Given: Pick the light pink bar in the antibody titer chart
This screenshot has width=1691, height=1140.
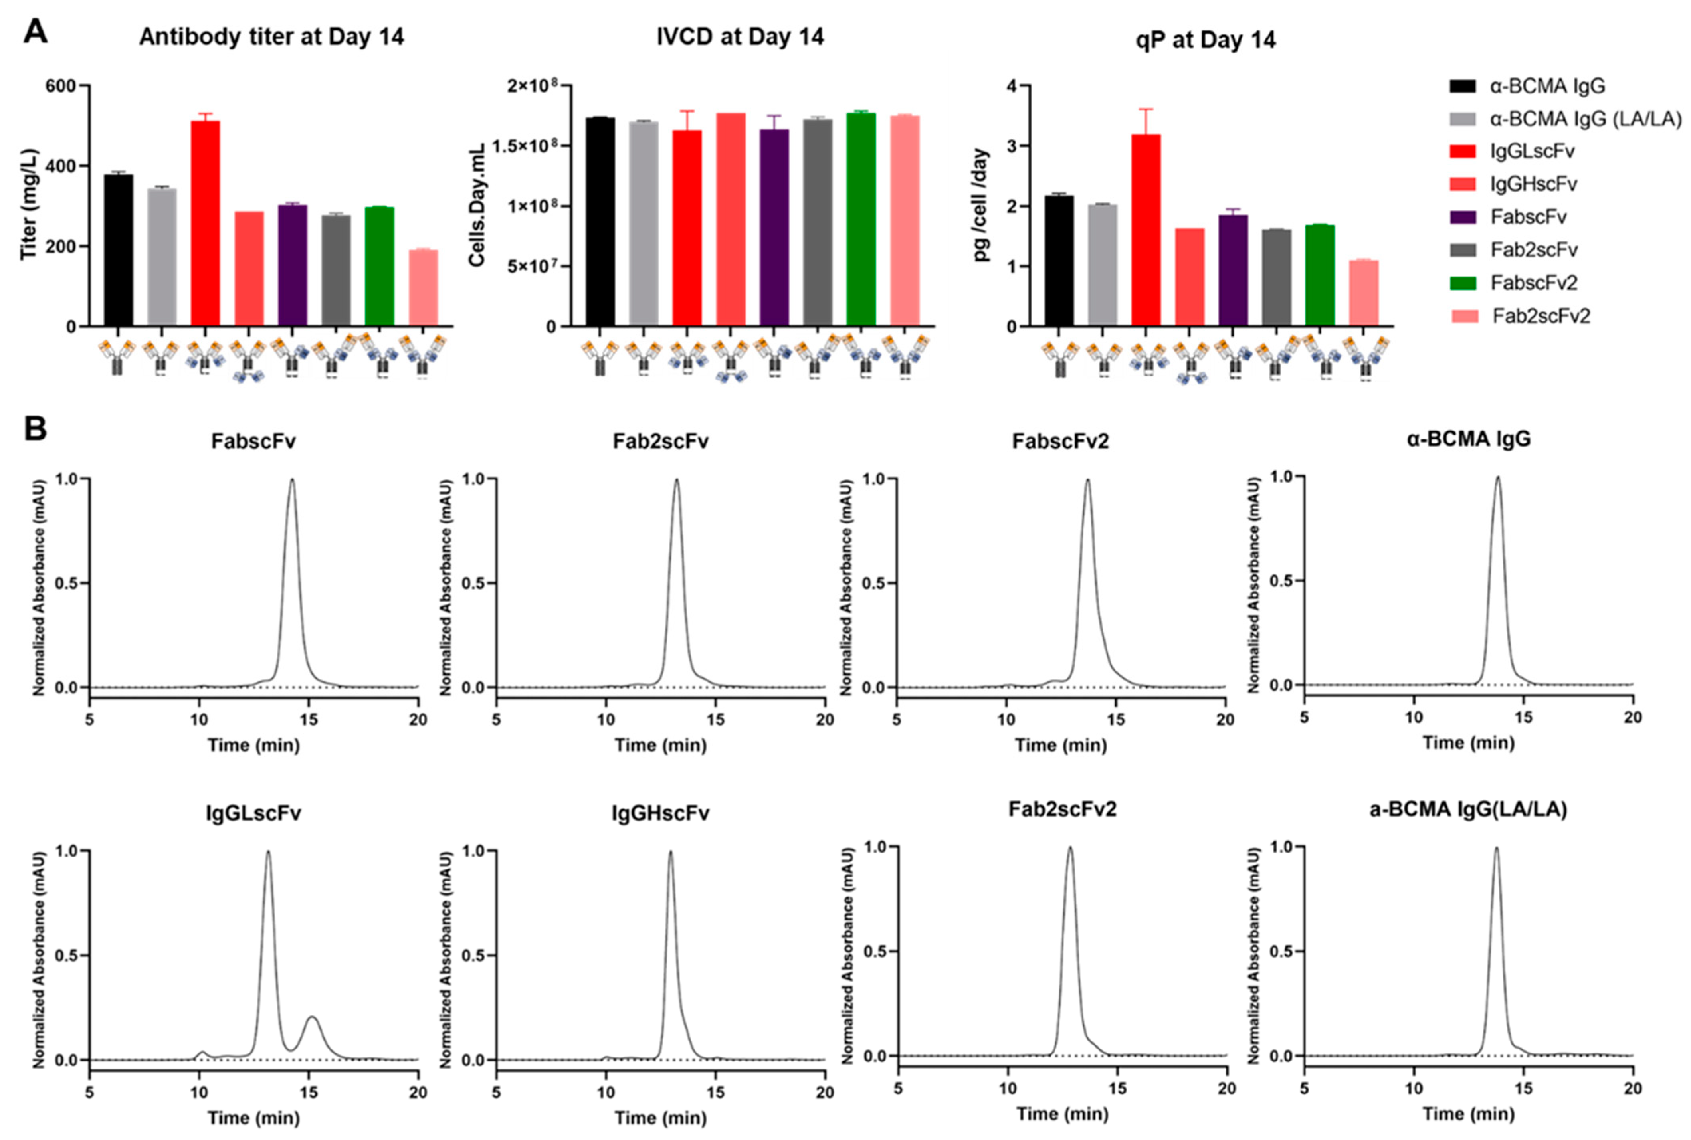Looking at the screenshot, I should pos(423,287).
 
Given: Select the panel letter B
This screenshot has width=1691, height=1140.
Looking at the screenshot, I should pos(35,429).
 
